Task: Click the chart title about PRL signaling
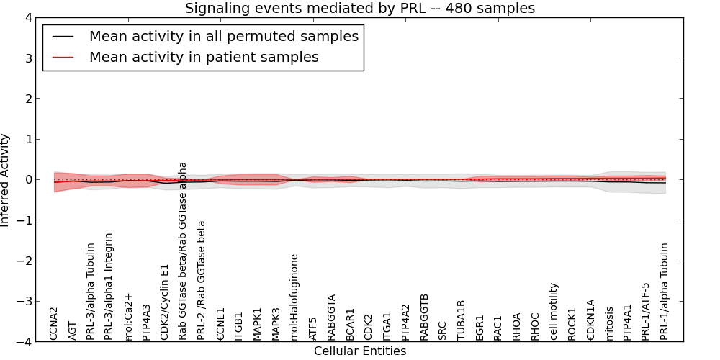(359, 9)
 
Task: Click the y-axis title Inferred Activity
(6, 180)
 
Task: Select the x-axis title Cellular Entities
(359, 351)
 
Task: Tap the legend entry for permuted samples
(223, 36)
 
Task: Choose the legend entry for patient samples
(204, 57)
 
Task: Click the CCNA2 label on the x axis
(54, 323)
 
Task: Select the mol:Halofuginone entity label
(294, 297)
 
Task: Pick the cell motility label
(554, 311)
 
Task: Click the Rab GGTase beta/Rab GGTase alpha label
(183, 251)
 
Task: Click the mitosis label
(610, 323)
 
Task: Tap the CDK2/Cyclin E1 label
(165, 302)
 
